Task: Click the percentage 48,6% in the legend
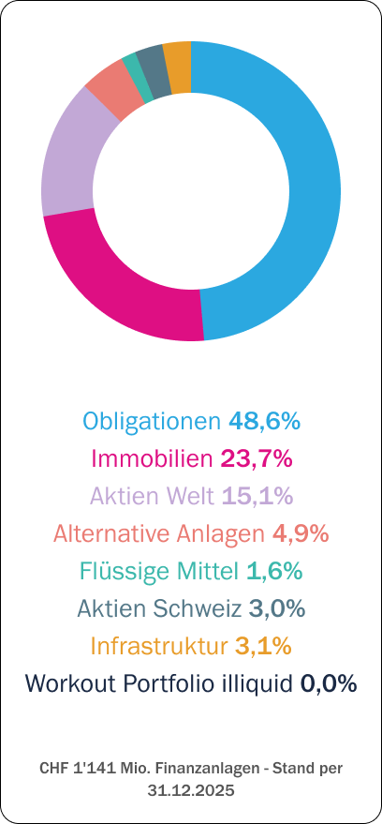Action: [x=264, y=422]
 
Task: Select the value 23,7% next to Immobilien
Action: [x=257, y=458]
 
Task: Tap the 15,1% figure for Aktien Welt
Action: [x=257, y=496]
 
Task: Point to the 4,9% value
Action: [x=301, y=534]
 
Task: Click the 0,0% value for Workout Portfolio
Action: [x=329, y=683]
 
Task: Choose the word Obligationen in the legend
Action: [x=153, y=422]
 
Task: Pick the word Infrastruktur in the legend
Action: [x=159, y=646]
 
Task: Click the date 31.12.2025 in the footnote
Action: [x=191, y=790]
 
